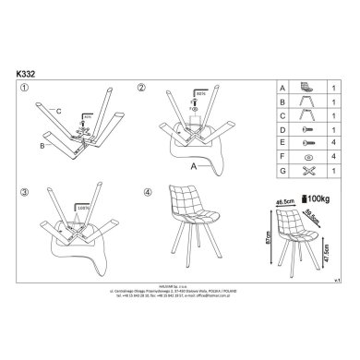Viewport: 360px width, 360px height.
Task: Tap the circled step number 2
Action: click(141, 88)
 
